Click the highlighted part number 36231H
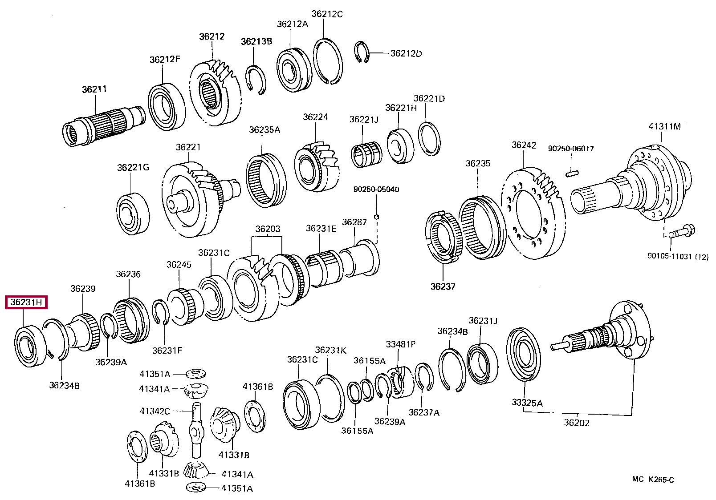26,302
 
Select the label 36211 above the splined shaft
94,89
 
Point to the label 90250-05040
376,190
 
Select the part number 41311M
664,127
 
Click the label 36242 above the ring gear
524,145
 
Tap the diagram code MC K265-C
653,480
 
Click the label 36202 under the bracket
576,423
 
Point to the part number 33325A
527,403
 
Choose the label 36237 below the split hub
443,286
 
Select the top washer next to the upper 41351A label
194,373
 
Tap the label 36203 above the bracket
268,229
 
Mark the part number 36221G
133,167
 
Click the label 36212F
165,60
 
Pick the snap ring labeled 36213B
256,80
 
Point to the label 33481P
400,344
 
